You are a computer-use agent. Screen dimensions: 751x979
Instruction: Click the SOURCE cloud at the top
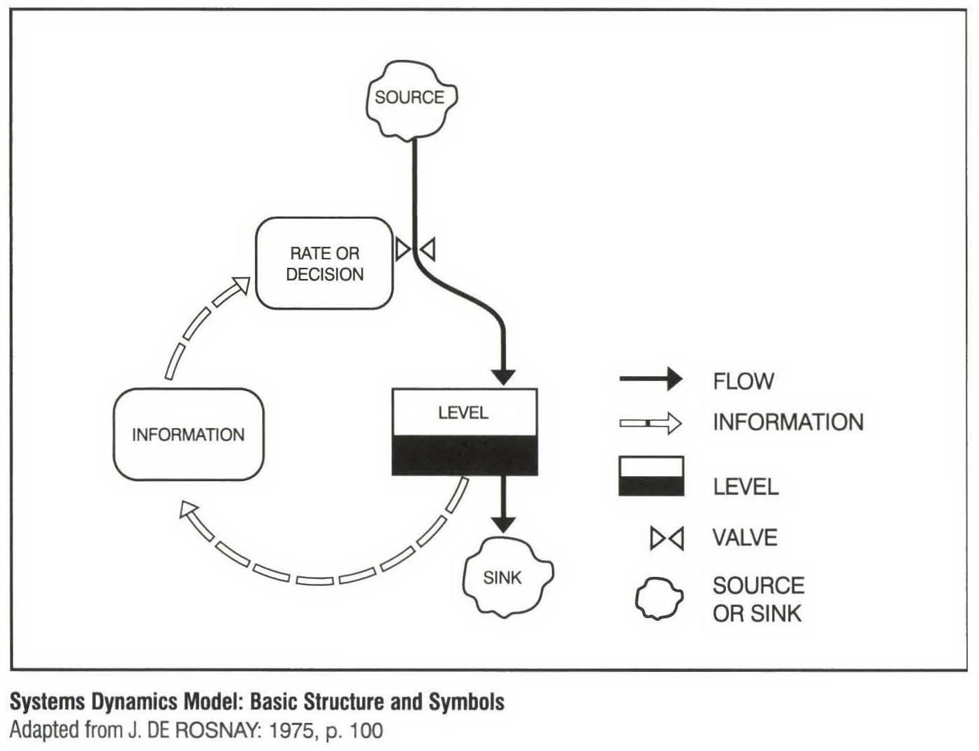point(410,97)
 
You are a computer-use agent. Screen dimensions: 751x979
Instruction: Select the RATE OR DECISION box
point(324,263)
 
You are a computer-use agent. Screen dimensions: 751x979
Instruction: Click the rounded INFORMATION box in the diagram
point(189,434)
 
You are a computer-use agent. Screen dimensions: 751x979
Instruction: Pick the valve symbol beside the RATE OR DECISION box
point(416,249)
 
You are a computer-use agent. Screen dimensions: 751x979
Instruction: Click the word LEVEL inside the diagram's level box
point(463,413)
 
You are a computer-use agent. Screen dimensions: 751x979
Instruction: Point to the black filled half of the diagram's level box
point(464,455)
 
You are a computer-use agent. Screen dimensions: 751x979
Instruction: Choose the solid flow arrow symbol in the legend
point(651,379)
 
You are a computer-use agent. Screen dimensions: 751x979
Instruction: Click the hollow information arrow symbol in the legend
point(651,423)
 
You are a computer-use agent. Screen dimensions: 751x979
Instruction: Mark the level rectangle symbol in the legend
point(651,477)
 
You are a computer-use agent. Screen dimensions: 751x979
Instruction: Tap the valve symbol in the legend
point(667,538)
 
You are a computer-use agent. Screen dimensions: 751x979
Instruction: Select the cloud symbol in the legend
point(658,599)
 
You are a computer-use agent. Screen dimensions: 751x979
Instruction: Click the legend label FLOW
point(743,381)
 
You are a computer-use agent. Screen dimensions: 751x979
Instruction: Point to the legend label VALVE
point(744,538)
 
